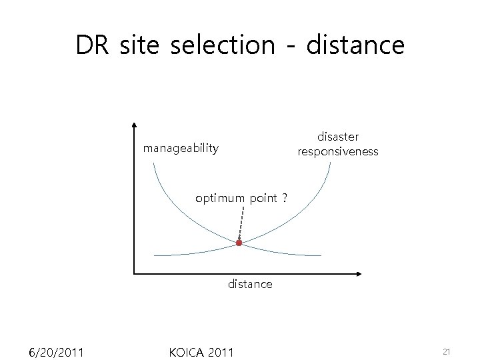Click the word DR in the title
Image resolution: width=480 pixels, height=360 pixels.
pos(93,45)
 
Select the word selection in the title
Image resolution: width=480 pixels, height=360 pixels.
pos(222,45)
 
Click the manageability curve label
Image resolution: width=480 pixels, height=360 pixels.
pos(181,148)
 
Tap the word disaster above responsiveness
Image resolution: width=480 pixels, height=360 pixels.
pos(338,137)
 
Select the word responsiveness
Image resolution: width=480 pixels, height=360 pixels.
pos(338,151)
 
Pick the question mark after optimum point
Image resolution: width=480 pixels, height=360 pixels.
pos(284,198)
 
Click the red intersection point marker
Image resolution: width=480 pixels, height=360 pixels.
pos(239,243)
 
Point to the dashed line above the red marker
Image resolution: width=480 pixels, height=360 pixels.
pos(241,223)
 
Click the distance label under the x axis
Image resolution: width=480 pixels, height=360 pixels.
pos(250,284)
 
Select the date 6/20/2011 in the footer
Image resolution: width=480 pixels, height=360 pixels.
pos(56,351)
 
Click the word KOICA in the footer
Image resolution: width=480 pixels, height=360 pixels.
pos(187,351)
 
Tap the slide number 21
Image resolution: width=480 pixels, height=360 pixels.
pos(447,351)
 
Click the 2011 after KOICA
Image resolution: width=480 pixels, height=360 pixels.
pos(221,351)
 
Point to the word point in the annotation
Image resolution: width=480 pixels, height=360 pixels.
pos(263,198)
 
